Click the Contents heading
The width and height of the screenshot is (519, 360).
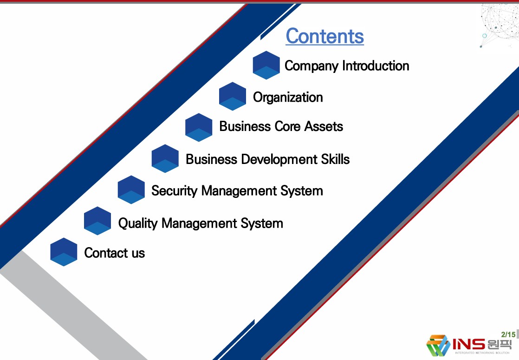tap(324, 36)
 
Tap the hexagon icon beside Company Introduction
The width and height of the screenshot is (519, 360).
tap(266, 65)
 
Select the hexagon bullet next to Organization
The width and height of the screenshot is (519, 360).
tap(233, 96)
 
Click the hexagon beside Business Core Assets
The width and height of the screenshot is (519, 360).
tap(199, 127)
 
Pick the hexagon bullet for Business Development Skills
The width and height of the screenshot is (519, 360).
tap(165, 159)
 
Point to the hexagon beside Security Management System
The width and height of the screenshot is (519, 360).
tap(131, 190)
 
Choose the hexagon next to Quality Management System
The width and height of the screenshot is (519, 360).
tap(97, 221)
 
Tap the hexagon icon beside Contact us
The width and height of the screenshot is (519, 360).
tap(64, 252)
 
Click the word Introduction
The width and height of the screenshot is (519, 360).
tap(376, 65)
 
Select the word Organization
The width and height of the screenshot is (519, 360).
tap(288, 98)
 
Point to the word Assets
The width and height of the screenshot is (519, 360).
tap(324, 126)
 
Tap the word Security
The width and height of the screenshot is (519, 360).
tap(174, 191)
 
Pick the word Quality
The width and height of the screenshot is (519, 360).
tap(138, 223)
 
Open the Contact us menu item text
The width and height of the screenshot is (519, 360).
tap(115, 253)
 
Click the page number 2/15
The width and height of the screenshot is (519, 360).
tap(508, 334)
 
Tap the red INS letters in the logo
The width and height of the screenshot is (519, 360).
tap(469, 344)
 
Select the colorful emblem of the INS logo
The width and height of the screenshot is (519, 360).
tap(438, 345)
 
